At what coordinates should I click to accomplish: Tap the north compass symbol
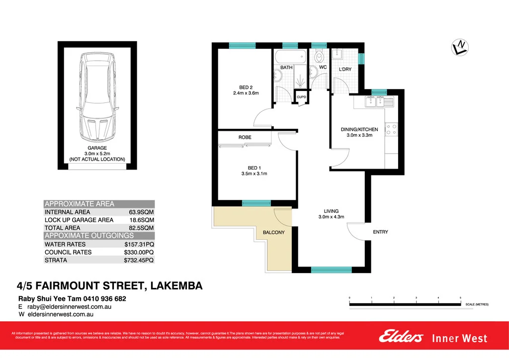[x=460, y=47]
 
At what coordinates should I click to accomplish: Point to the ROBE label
[x=245, y=137]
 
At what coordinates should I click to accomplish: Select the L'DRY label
[x=345, y=70]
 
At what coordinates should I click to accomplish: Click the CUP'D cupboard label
[x=301, y=97]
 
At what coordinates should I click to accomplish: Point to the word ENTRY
[x=380, y=232]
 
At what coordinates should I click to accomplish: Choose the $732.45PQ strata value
[x=139, y=260]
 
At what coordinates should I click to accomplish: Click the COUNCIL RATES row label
[x=68, y=252]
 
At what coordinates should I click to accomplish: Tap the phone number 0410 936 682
[x=105, y=299]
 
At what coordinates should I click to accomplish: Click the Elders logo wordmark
[x=401, y=337]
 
